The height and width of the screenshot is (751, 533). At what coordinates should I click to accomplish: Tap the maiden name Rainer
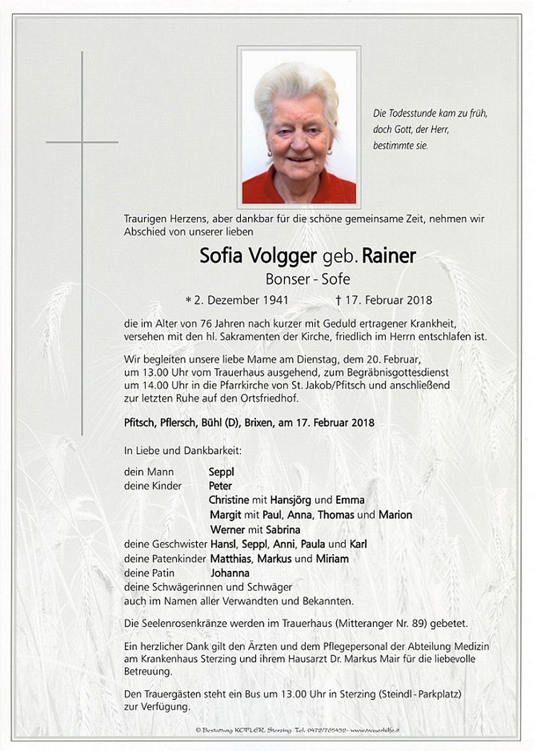coord(389,256)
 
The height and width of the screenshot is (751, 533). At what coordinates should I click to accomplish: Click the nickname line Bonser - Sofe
coord(308,279)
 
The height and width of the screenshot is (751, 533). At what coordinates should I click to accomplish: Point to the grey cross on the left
coord(82,142)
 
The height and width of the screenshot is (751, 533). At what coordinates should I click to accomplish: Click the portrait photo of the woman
coord(299,126)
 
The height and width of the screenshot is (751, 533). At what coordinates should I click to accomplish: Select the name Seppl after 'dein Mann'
coord(221,472)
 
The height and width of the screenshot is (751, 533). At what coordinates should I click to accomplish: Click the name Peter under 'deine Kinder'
coord(220,486)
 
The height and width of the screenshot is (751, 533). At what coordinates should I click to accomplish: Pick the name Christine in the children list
coord(229,500)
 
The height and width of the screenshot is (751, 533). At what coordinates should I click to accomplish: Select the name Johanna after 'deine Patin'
coord(230,573)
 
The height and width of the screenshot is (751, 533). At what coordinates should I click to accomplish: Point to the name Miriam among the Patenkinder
coord(331,558)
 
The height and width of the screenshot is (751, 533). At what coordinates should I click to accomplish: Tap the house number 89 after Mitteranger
coord(417,624)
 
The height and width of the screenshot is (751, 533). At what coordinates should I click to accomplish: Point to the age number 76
coord(205,323)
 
